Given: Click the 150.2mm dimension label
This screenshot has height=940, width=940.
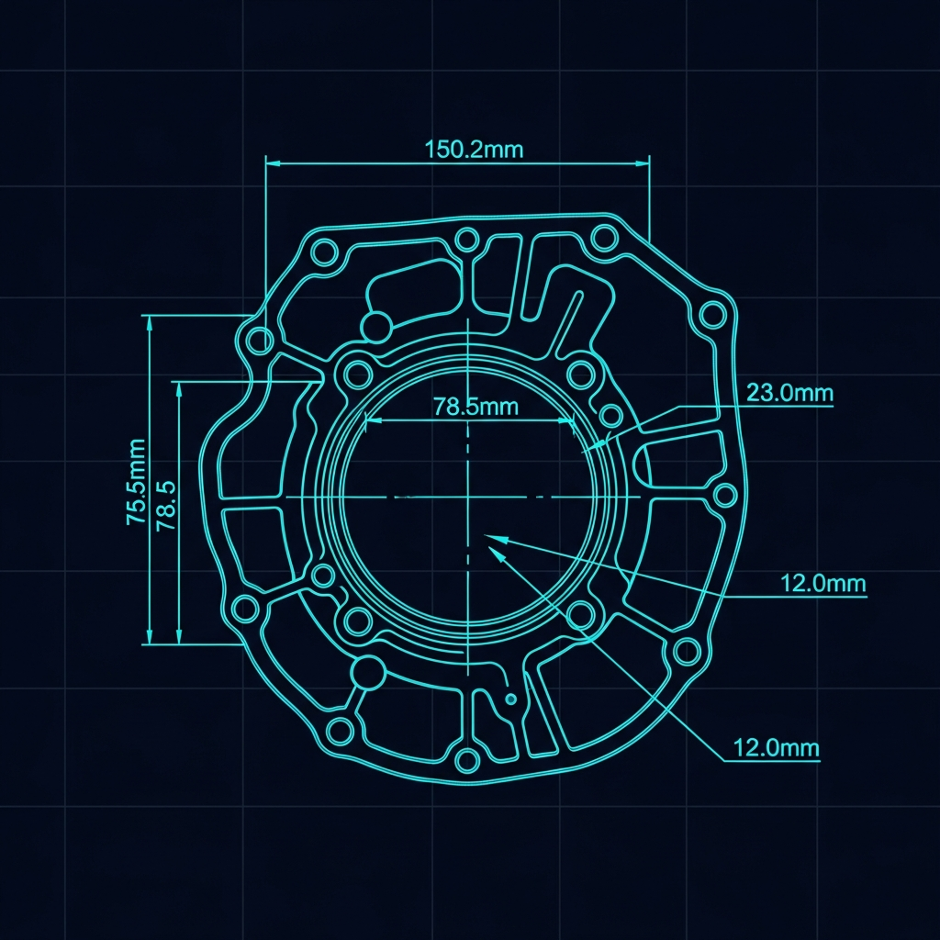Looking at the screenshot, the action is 474,150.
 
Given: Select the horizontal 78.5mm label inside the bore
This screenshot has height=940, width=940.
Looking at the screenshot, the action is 476,407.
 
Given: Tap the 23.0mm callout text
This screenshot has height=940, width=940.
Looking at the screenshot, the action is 789,393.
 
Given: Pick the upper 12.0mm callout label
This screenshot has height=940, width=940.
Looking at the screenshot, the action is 823,583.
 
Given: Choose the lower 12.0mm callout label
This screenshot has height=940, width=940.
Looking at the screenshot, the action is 777,747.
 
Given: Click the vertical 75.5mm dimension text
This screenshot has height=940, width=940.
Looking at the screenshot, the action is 136,482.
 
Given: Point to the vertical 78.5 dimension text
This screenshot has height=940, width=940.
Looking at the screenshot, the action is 166,506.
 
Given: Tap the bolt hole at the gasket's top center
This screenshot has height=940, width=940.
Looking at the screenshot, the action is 466,240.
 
